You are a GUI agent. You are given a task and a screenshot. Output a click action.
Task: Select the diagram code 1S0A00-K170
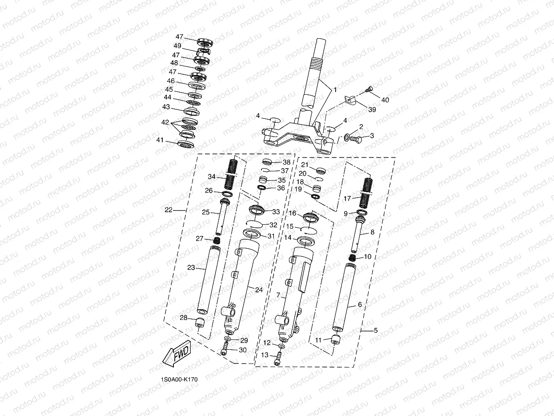point(180,380)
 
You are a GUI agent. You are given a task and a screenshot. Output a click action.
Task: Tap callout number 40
point(385,100)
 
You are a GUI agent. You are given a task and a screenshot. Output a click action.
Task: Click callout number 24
point(259,290)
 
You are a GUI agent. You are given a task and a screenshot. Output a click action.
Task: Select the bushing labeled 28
point(201,323)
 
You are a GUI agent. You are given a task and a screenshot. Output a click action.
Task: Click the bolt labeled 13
point(278,358)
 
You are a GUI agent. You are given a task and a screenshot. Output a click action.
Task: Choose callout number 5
point(375,331)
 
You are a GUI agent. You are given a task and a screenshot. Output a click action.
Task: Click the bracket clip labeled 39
point(352,101)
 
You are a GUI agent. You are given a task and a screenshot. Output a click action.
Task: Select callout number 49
point(177,46)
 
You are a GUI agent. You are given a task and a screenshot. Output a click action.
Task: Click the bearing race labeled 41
point(186,143)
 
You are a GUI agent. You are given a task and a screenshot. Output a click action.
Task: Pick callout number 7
point(278,295)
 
